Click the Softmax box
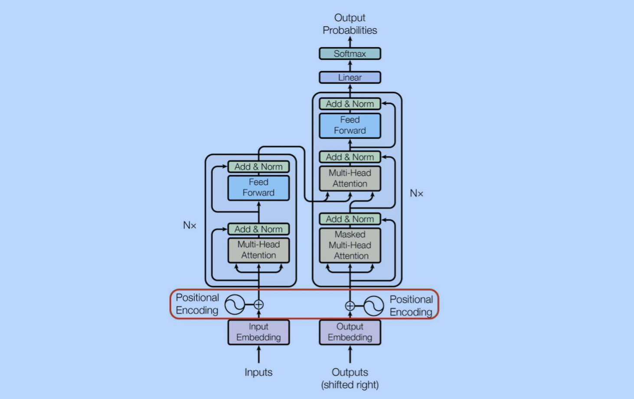(x=350, y=53)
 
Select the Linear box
(x=350, y=77)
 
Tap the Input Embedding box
(x=259, y=332)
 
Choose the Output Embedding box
(x=350, y=332)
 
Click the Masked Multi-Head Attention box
(x=350, y=245)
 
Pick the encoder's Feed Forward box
(x=259, y=188)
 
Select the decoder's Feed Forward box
(x=350, y=125)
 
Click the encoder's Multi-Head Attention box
(x=259, y=250)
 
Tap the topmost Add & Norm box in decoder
(x=350, y=104)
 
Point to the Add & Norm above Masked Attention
(x=350, y=219)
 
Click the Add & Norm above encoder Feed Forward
(x=259, y=167)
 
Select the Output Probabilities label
(x=350, y=24)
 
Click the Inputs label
(x=258, y=372)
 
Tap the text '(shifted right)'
(x=350, y=385)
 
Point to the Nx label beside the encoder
(x=190, y=226)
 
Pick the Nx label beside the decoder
(x=416, y=193)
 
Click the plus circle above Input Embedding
(x=259, y=305)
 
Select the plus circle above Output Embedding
(x=350, y=306)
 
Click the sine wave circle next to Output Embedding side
(x=374, y=306)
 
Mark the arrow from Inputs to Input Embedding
(x=259, y=355)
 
